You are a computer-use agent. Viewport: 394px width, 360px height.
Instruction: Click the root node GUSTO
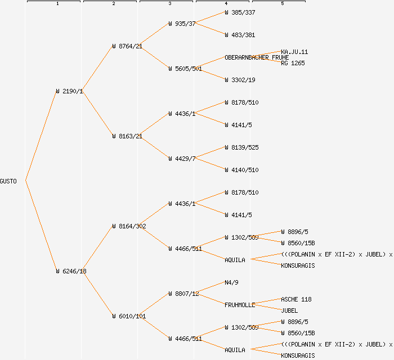(8, 181)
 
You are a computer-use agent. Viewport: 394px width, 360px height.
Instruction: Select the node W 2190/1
(69, 91)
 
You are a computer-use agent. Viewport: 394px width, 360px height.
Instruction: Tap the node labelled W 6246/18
(71, 271)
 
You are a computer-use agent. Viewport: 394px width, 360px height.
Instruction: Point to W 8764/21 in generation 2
(127, 46)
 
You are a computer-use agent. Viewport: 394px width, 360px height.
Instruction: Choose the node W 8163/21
(127, 136)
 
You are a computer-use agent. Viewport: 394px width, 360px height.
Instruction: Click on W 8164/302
(129, 226)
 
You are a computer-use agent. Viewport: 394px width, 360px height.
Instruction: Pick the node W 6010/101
(129, 316)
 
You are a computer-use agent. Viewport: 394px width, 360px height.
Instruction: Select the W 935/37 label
(182, 24)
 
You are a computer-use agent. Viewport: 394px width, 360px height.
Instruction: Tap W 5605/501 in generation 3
(185, 69)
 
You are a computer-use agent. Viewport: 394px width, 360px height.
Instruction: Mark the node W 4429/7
(182, 159)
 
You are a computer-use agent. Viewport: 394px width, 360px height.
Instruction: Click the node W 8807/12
(183, 294)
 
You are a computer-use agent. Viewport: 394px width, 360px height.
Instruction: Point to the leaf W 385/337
(240, 12)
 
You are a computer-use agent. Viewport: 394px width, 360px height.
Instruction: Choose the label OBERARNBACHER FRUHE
(257, 57)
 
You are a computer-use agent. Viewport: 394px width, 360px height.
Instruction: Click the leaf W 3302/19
(240, 80)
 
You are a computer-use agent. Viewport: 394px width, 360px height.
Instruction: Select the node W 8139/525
(241, 147)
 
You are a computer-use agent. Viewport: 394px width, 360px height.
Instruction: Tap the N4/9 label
(232, 282)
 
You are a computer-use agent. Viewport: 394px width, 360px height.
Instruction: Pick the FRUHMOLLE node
(240, 305)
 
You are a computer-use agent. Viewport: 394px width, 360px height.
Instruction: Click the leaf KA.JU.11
(294, 52)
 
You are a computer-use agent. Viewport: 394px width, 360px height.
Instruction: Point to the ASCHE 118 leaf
(296, 299)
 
